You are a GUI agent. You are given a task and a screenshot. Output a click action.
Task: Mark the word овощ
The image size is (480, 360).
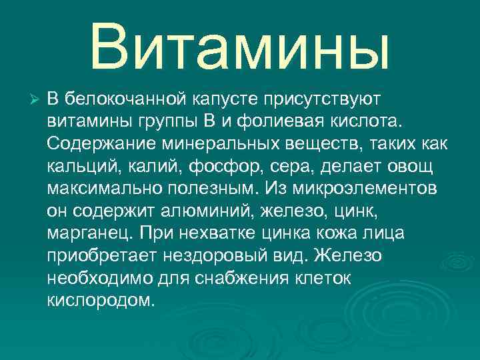pyautogui.click(x=413, y=165)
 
